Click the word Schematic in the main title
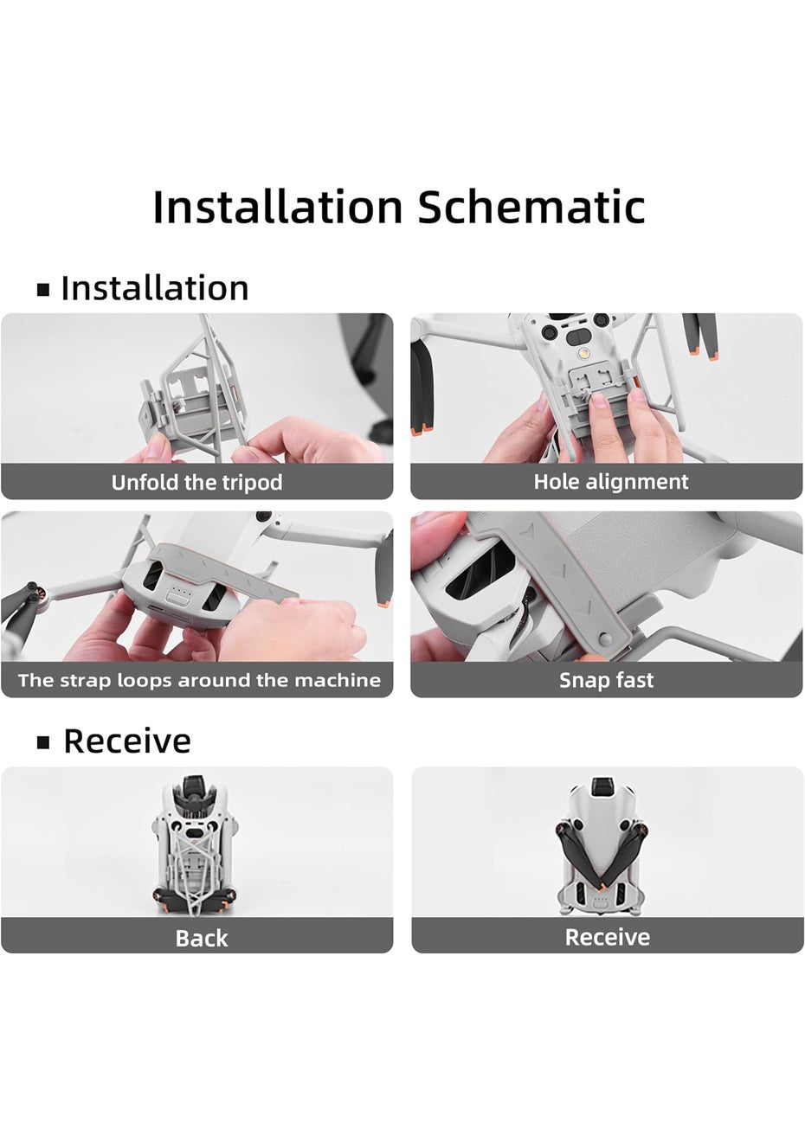(x=531, y=207)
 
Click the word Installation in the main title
(x=278, y=206)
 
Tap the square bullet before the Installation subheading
(x=43, y=290)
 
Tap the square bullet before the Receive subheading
(x=43, y=743)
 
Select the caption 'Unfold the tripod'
(x=196, y=482)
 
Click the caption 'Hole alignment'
(x=611, y=482)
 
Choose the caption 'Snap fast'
(x=607, y=681)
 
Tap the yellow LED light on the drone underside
(x=581, y=353)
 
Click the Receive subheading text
(x=127, y=741)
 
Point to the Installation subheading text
(x=155, y=289)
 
